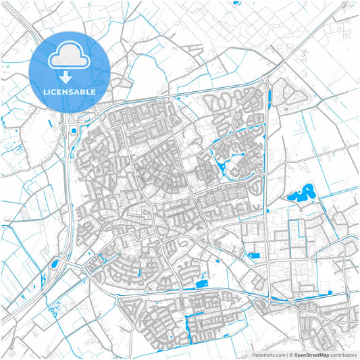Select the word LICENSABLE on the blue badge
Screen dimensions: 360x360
click(x=69, y=91)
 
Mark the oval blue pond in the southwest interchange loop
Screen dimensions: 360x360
click(x=54, y=263)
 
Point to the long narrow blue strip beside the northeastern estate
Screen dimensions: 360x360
click(x=270, y=97)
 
